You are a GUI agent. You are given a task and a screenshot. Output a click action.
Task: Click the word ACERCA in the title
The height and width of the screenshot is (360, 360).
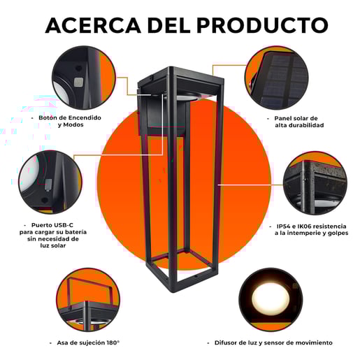(93, 25)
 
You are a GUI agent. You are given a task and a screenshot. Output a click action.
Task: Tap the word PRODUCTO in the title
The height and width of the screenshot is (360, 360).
(263, 25)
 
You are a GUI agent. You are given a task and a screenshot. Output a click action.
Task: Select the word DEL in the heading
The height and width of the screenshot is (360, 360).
(169, 25)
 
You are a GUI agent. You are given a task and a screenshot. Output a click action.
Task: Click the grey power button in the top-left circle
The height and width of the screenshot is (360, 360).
(78, 82)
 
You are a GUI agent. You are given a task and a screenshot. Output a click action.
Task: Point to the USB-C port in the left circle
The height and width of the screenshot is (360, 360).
(48, 185)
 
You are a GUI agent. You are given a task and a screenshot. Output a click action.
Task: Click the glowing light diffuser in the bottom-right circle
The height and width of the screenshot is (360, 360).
(271, 299)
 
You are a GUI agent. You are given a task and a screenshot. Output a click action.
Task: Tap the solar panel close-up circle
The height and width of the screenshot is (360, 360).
(276, 78)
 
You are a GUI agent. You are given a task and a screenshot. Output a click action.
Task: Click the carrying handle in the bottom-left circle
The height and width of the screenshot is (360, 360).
(89, 288)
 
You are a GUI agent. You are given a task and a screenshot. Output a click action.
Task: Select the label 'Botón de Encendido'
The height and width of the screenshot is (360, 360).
(70, 117)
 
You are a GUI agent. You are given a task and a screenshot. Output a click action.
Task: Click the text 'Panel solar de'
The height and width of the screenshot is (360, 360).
(296, 118)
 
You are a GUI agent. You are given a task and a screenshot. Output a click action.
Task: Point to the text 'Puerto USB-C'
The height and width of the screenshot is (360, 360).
(52, 225)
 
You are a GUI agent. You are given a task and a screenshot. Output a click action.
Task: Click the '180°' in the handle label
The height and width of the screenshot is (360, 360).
(113, 343)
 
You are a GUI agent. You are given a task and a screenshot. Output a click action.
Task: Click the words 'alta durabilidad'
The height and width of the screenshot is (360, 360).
(299, 125)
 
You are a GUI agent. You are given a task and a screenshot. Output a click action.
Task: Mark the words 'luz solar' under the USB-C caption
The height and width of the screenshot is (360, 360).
(53, 245)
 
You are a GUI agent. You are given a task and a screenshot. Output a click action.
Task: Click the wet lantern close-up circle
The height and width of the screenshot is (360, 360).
(315, 183)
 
